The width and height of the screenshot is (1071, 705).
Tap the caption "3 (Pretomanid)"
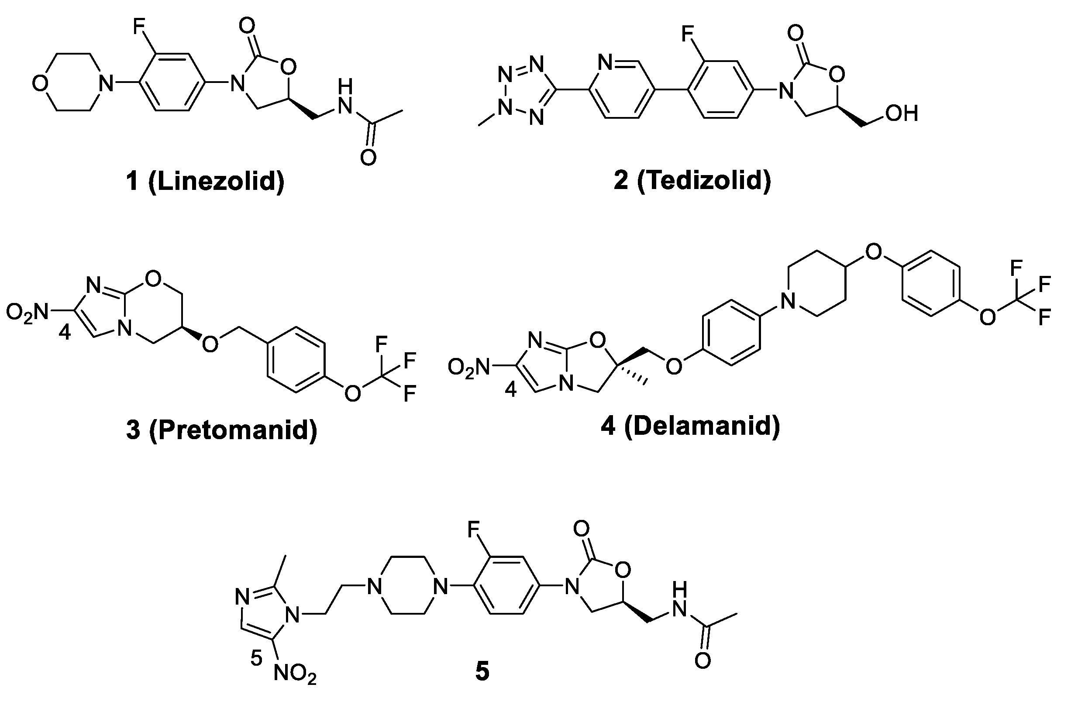pos(222,430)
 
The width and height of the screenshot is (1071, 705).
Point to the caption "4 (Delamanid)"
pos(690,425)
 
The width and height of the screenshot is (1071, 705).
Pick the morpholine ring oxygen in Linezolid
pos(40,84)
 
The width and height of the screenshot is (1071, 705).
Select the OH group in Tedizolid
pos(901,113)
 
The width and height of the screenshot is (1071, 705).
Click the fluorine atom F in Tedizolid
pos(687,34)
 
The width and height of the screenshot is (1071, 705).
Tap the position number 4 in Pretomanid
pos(65,334)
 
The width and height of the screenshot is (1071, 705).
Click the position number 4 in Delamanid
pos(510,390)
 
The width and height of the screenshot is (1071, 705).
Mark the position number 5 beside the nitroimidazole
pos(256,659)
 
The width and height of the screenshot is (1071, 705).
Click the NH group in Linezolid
pos(344,98)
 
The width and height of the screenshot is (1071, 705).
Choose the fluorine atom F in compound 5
pos(473,530)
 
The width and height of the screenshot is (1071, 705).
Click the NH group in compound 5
pos(679,602)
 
